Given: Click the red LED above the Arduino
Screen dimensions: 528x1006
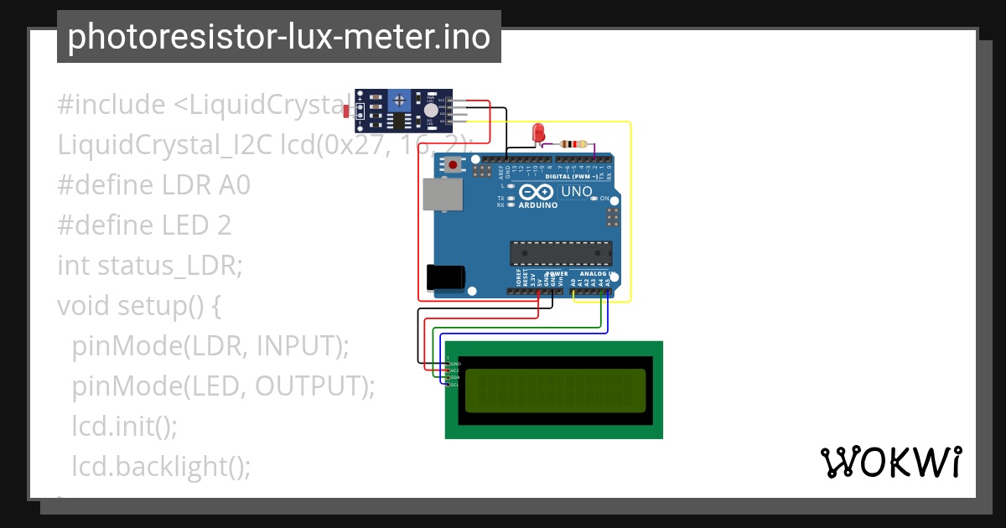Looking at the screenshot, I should point(538,132).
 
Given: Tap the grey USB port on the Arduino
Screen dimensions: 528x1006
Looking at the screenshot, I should point(442,194).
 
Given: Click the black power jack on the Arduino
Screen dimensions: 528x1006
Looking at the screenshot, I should point(445,277).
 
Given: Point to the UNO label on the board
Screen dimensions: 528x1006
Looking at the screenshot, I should point(576,192).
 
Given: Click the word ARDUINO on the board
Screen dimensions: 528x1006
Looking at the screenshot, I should point(538,204).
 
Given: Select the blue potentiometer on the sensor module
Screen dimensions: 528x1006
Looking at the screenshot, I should point(401,101).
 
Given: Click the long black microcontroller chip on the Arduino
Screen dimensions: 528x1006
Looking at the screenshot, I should point(561,253).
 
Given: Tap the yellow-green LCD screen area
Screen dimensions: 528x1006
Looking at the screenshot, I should point(555,391).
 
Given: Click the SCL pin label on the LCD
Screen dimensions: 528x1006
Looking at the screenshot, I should point(454,385).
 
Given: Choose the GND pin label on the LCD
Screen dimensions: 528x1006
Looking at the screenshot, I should point(455,364).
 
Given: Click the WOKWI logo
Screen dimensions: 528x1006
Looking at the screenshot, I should point(890,462).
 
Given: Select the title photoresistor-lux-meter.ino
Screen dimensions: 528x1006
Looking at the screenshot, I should point(278,37).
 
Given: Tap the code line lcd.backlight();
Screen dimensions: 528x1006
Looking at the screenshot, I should point(161,466).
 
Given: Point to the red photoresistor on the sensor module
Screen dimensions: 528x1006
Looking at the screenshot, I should point(347,110).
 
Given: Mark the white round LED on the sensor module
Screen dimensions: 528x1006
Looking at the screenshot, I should point(430,110).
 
